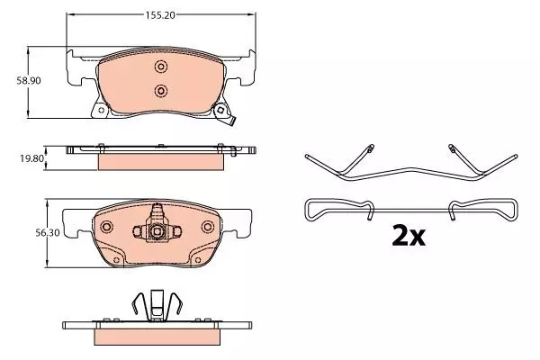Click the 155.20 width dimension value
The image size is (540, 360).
pyautogui.click(x=160, y=15)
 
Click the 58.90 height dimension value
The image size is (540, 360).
pyautogui.click(x=29, y=81)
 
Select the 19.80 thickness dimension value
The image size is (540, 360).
pyautogui.click(x=32, y=158)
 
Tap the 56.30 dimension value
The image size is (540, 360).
pyautogui.click(x=47, y=233)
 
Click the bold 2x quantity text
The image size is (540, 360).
pyautogui.click(x=409, y=236)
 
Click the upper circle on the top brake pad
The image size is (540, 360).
pyautogui.click(x=160, y=67)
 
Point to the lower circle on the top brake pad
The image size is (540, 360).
pyautogui.click(x=160, y=91)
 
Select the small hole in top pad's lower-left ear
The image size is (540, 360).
pyautogui.click(x=101, y=110)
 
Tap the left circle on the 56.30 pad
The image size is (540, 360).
pyautogui.click(x=107, y=227)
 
